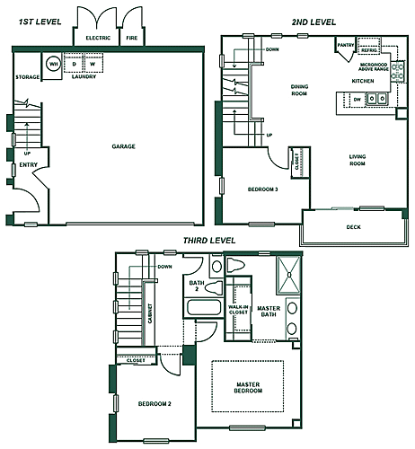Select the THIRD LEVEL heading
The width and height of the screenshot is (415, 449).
pos(208,241)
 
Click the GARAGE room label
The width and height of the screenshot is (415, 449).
pos(123,145)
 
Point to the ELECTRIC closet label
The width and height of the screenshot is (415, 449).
pos(98,39)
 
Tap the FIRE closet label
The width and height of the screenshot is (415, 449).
pos(131,39)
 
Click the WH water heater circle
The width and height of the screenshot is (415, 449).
pos(53,64)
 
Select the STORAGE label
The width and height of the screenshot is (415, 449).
pos(28,78)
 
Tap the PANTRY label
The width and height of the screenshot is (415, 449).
pos(344,44)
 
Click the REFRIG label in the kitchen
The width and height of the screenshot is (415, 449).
pos(369,51)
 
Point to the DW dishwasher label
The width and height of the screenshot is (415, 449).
pos(358,99)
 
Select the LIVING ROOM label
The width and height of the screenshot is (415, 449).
pos(358,162)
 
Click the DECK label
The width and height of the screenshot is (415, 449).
pos(353,227)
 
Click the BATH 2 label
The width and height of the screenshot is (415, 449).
pos(196,286)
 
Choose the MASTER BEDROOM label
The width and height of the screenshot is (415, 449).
pos(247,387)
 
